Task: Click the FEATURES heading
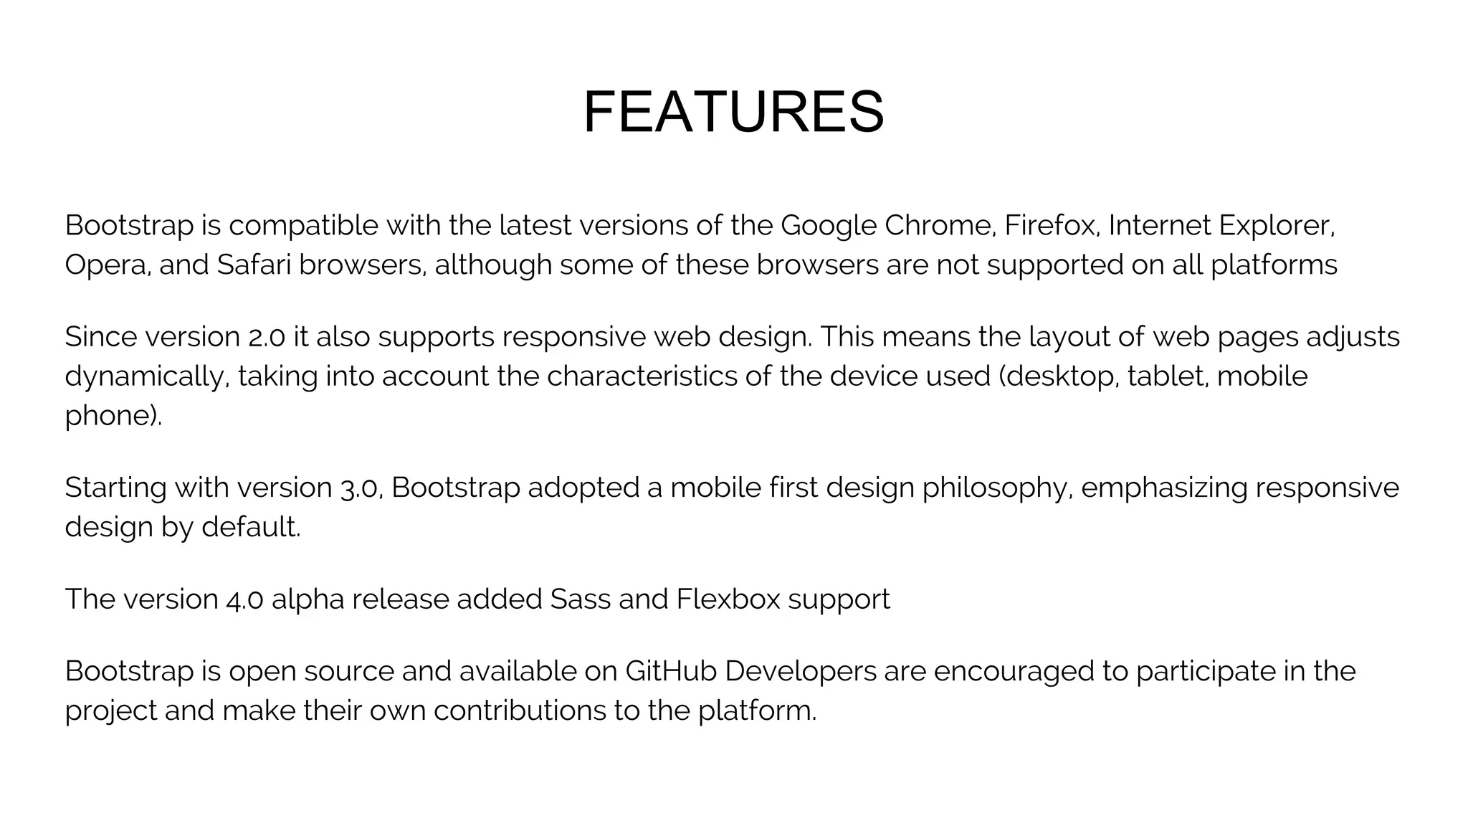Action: point(733,113)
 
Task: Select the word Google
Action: point(828,226)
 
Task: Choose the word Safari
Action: point(254,265)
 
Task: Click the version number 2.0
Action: point(267,337)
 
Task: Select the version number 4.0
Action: point(244,599)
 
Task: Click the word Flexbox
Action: point(728,599)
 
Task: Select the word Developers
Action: point(801,672)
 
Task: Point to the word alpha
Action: point(308,599)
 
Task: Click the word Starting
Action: point(115,488)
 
